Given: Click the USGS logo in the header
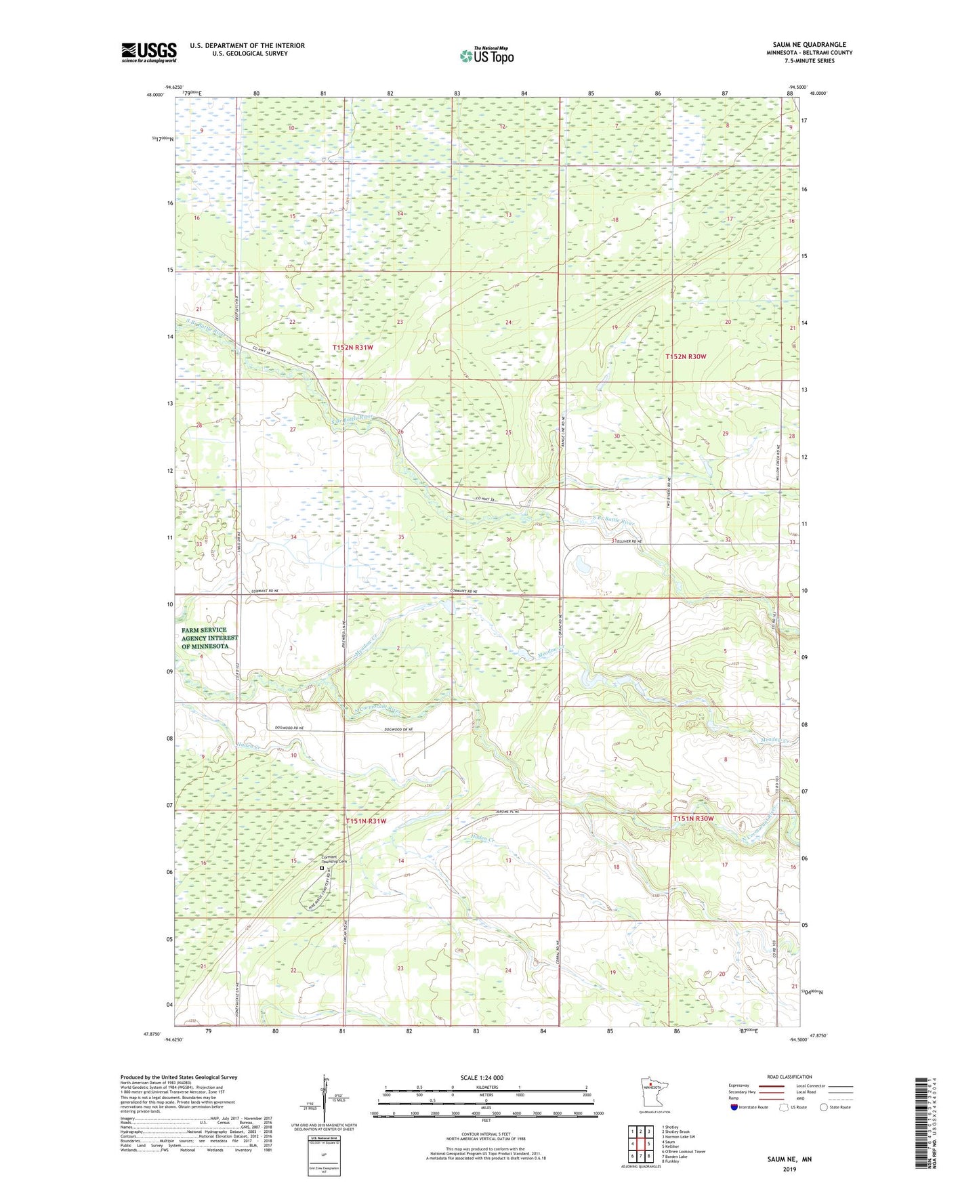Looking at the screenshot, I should pyautogui.click(x=149, y=52).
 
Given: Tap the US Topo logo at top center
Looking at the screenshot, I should pyautogui.click(x=486, y=56).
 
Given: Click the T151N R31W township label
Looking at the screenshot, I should pyautogui.click(x=366, y=821).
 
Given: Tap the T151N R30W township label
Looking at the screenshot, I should pyautogui.click(x=693, y=818).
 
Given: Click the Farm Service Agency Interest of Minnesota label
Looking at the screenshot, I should pyautogui.click(x=209, y=638).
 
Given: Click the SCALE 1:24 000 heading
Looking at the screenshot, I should pyautogui.click(x=482, y=1077).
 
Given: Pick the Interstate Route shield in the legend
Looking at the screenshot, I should pyautogui.click(x=734, y=1107).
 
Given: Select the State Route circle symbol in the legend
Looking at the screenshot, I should pyautogui.click(x=824, y=1107).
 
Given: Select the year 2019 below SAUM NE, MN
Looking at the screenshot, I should pyautogui.click(x=789, y=1169).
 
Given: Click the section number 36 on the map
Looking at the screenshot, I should pyautogui.click(x=509, y=539).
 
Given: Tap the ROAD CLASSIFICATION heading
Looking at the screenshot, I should pyautogui.click(x=789, y=1077).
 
